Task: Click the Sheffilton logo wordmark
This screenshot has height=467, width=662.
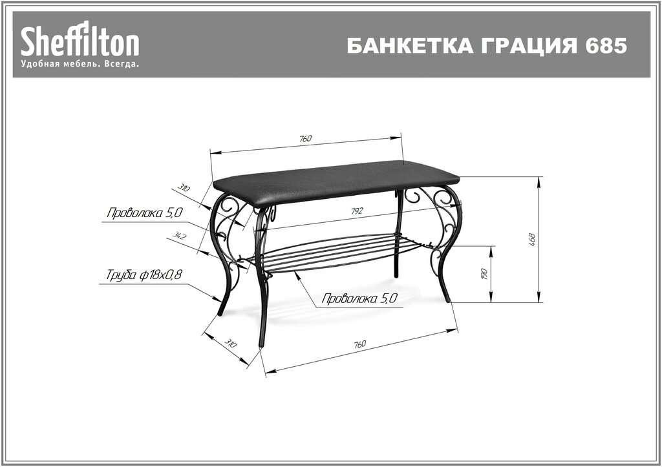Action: click(80, 42)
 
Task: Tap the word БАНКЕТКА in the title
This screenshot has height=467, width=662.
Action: click(400, 47)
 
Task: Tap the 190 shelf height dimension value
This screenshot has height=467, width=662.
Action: click(484, 274)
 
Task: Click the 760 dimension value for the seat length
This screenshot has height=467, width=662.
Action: click(305, 138)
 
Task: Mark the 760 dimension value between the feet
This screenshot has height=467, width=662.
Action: click(360, 344)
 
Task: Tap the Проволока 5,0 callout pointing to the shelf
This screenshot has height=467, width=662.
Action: click(358, 298)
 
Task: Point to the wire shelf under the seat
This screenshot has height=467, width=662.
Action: click(330, 252)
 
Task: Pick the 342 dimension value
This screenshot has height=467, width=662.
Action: click(180, 237)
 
